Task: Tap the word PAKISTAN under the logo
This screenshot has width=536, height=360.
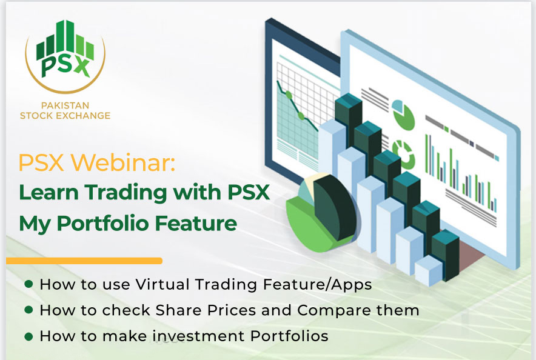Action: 65,105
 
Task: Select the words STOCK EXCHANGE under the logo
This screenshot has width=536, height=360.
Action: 65,116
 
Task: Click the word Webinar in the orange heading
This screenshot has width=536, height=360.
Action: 123,162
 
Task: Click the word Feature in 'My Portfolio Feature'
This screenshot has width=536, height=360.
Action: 196,224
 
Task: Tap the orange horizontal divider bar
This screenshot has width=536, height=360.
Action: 84,261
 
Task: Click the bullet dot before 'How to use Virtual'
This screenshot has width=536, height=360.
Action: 29,284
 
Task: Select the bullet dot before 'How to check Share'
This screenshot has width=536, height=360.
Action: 29,310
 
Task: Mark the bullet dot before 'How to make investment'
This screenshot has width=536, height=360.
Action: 29,336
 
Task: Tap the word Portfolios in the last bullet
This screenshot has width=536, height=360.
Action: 289,336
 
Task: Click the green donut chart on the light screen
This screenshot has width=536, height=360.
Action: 403,155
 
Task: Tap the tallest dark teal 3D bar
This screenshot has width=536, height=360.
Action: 348,116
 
